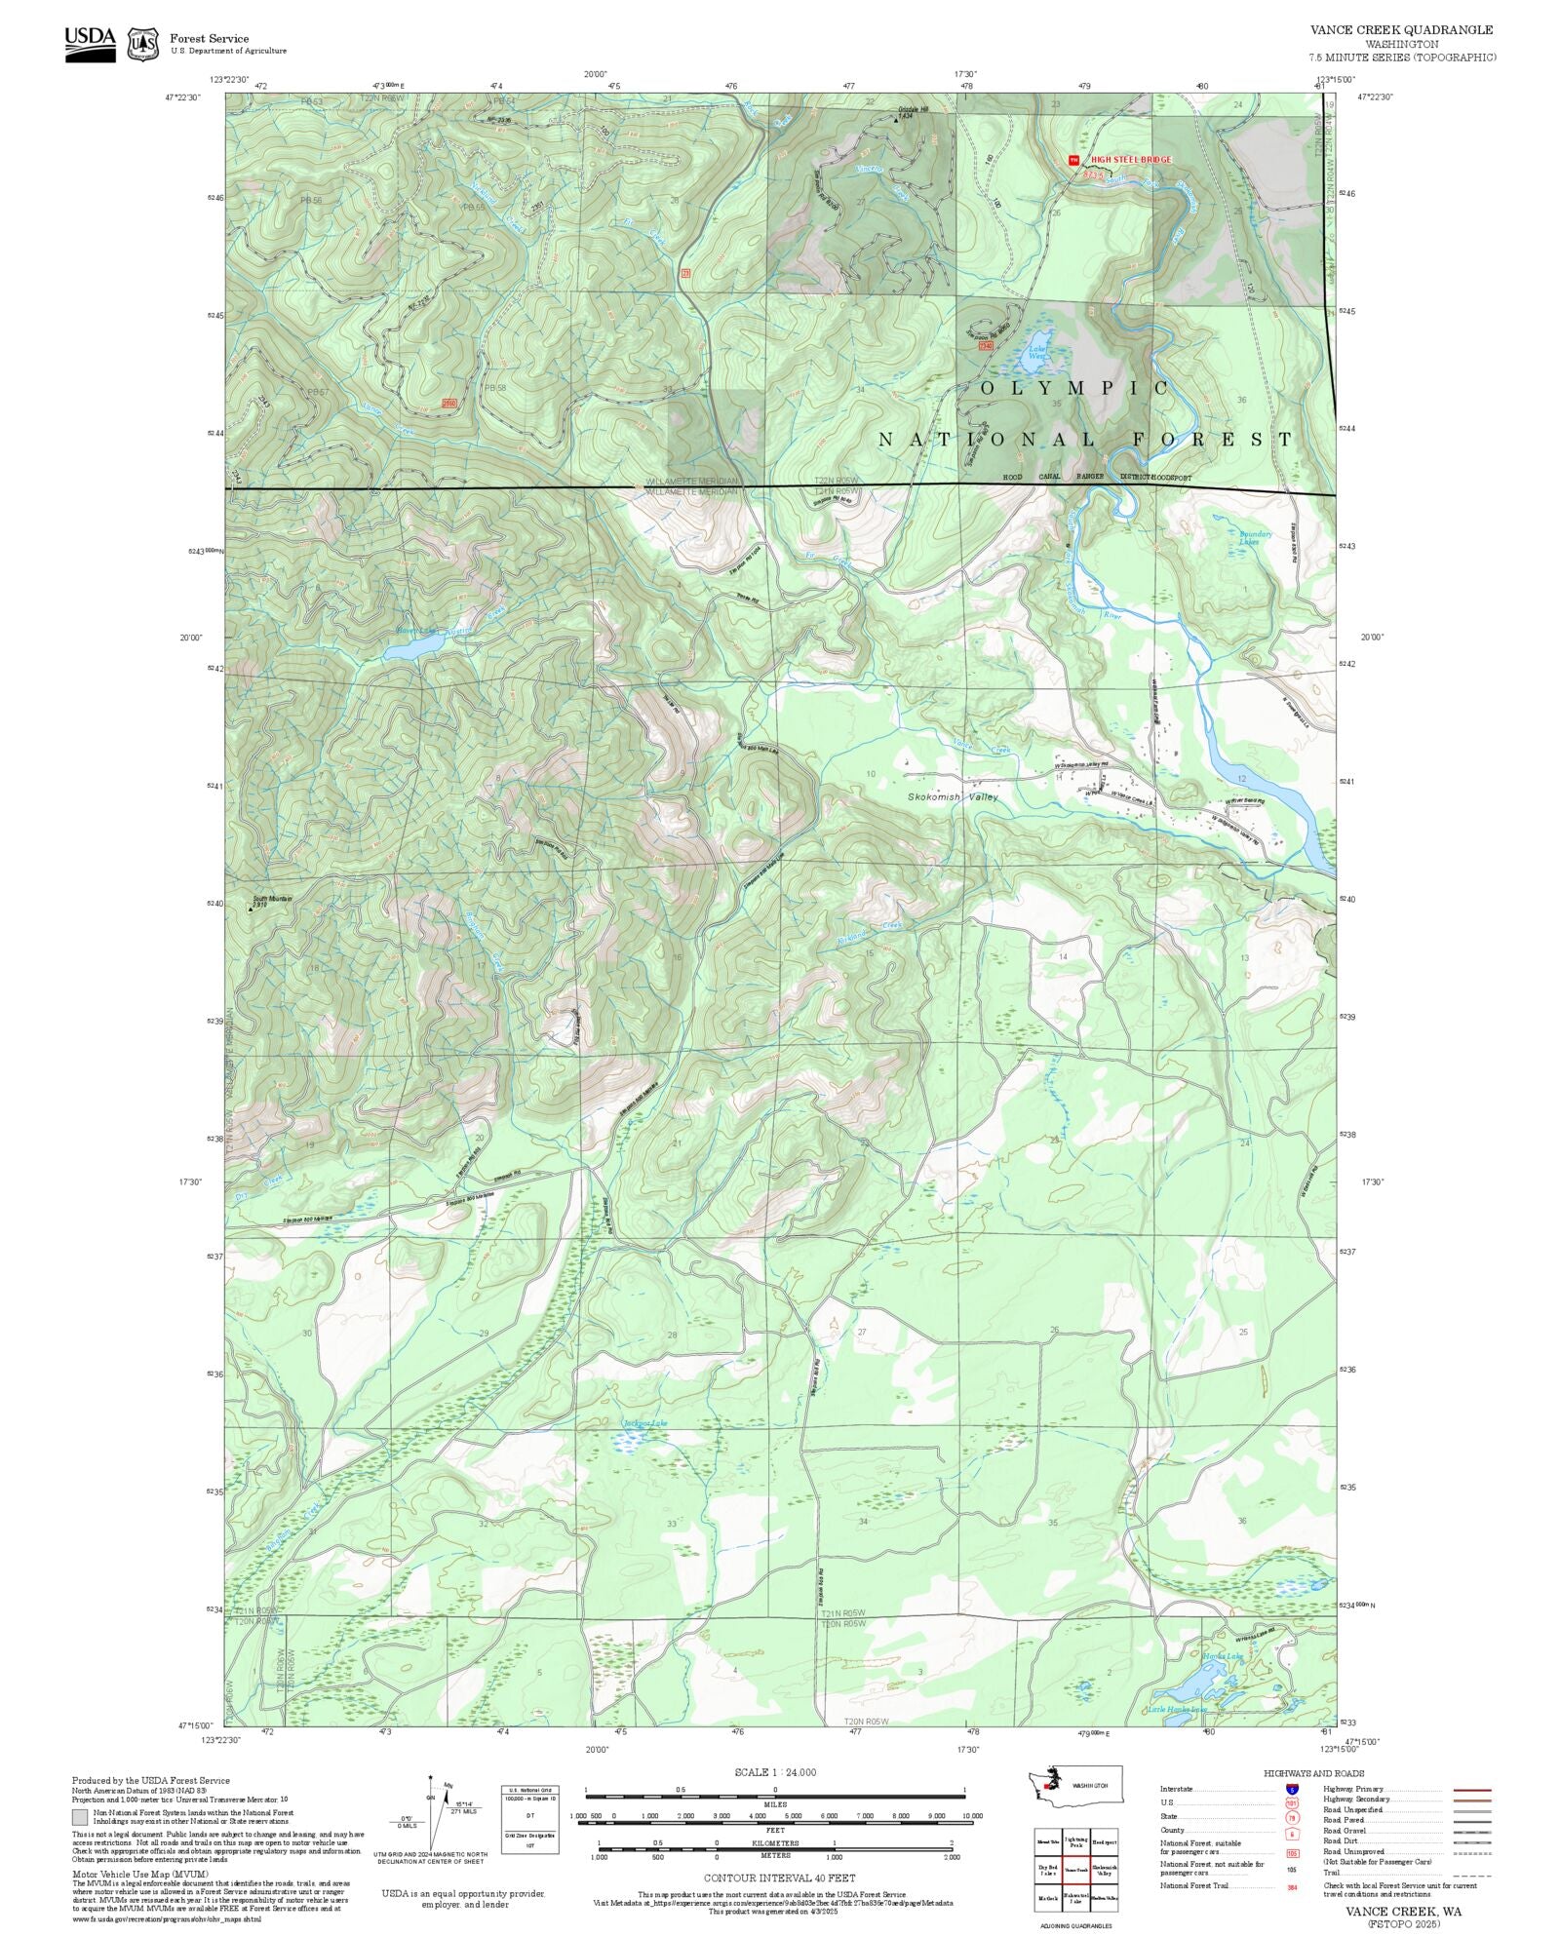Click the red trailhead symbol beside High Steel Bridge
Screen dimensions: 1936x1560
1073,160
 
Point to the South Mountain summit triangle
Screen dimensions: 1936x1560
251,910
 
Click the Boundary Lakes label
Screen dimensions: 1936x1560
1255,537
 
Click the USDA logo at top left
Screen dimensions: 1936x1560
90,44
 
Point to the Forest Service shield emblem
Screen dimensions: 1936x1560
143,44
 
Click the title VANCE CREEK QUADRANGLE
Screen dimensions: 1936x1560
1401,30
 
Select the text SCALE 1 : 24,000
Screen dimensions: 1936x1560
775,1772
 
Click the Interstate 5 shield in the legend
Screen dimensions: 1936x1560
1292,1790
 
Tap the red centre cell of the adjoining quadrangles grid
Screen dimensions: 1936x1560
1075,1870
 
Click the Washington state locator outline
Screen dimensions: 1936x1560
1072,1785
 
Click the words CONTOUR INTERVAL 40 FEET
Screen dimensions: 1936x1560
779,1877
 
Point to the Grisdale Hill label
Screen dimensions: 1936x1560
914,109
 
